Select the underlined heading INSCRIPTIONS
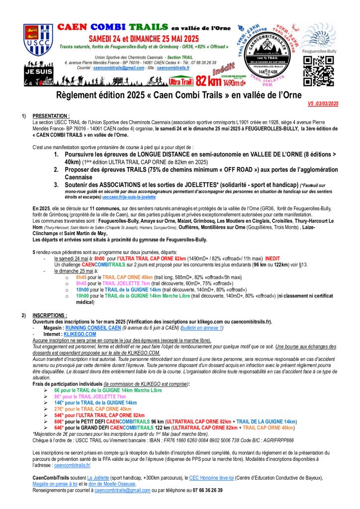coord(50,315)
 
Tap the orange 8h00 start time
coord(98,258)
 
